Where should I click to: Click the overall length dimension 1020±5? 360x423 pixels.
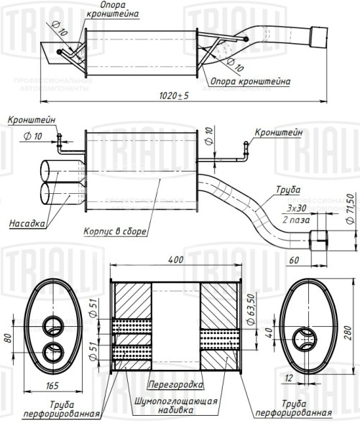(x=174, y=96)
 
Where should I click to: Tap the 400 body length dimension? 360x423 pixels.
(x=175, y=259)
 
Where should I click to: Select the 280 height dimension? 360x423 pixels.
(x=349, y=333)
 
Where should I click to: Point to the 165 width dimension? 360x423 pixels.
(x=52, y=386)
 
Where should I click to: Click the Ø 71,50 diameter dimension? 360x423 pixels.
(x=350, y=208)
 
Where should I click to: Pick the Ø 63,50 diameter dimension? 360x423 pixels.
(x=251, y=309)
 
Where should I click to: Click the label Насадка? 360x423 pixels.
(x=27, y=223)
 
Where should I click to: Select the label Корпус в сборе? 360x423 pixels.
(x=115, y=231)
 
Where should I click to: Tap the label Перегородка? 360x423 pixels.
(x=175, y=384)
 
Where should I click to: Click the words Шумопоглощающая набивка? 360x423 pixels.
(x=175, y=406)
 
